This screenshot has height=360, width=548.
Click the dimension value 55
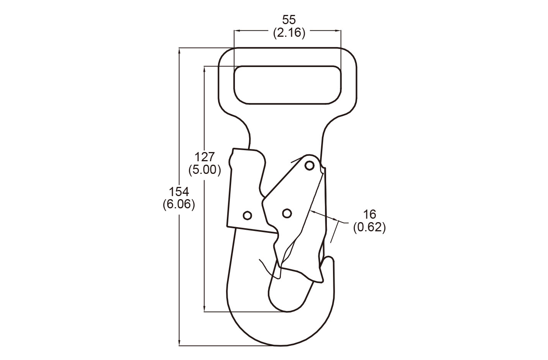point(289,20)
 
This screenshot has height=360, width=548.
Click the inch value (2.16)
point(289,33)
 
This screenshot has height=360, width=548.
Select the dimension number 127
point(205,157)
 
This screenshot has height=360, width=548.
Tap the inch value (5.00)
point(205,170)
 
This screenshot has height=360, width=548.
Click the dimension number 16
point(369,214)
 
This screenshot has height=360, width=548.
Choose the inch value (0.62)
point(369,227)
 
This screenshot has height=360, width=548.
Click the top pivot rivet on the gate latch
point(310,165)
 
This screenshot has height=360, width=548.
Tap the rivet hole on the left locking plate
point(248,215)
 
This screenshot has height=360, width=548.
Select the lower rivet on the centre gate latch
point(286,213)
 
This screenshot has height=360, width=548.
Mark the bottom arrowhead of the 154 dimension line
point(179,343)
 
